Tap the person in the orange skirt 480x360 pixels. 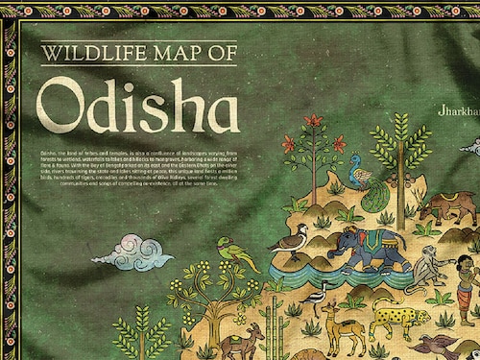(466, 288)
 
